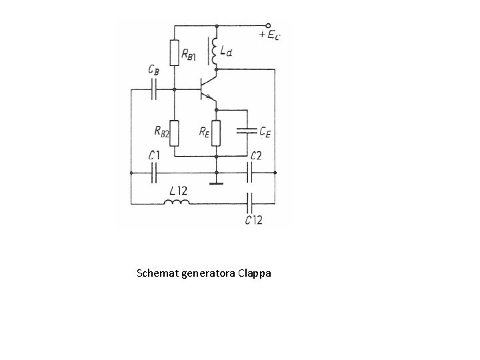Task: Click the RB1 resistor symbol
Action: point(174,53)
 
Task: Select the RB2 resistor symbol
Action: point(174,131)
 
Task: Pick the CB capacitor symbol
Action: point(155,88)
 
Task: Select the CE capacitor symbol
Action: point(247,130)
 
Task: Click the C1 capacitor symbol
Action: point(155,173)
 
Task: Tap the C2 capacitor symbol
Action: point(251,173)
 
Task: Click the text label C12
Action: point(253,219)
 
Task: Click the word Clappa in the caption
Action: point(255,273)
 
